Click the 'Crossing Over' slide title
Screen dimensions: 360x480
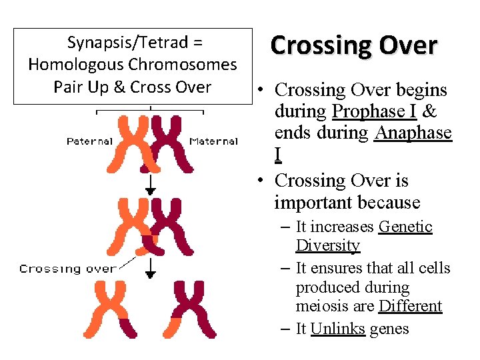point(354,45)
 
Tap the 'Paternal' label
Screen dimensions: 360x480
point(89,141)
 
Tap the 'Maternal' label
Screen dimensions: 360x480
point(213,141)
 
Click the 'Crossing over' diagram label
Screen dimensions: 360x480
point(67,269)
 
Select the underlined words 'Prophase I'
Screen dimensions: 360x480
point(374,111)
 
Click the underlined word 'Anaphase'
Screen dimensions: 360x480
point(413,133)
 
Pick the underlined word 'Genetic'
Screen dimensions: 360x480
point(405,227)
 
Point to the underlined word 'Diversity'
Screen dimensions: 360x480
point(327,246)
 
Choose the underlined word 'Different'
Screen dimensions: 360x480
point(410,307)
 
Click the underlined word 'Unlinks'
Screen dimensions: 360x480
point(337,329)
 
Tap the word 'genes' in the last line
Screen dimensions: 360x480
point(389,329)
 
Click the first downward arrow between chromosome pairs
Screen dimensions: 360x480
point(151,185)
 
